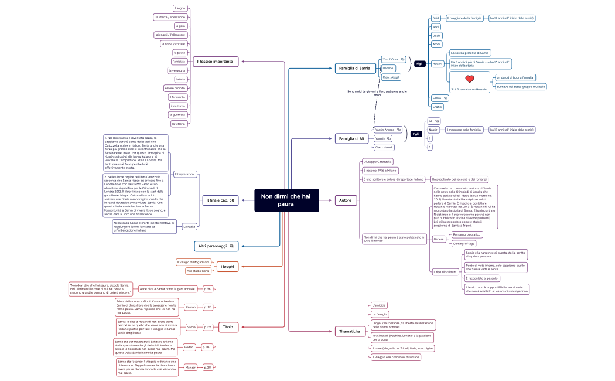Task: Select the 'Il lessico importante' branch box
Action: [214, 61]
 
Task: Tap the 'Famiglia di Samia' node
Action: [355, 68]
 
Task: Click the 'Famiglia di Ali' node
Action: [351, 138]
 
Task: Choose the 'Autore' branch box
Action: [345, 200]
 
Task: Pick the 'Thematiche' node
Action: [350, 331]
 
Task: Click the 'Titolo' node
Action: [228, 326]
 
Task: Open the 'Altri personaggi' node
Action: [216, 246]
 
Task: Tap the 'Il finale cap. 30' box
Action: [220, 200]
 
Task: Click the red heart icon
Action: [469, 79]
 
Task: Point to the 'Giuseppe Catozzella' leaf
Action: [378, 161]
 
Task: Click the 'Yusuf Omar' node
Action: [390, 59]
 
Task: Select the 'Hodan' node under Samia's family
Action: [437, 64]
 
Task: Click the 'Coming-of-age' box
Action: [464, 243]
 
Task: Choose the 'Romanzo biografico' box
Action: [467, 234]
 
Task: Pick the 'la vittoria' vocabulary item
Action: [178, 124]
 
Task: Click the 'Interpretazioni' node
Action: [185, 174]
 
